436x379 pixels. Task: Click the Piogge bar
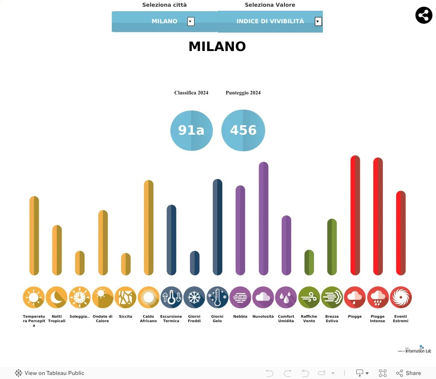pyautogui.click(x=355, y=215)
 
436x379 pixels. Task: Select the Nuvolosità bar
pyautogui.click(x=263, y=218)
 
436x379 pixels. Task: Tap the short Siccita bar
pyautogui.click(x=126, y=264)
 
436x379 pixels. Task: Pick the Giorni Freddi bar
pyautogui.click(x=195, y=263)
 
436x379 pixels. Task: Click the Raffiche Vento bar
pyautogui.click(x=309, y=262)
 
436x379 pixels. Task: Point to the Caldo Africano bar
pyautogui.click(x=148, y=227)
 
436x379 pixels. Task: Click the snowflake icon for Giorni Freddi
pyautogui.click(x=195, y=298)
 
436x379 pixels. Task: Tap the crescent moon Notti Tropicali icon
pyautogui.click(x=57, y=298)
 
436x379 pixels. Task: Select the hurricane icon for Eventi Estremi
pyautogui.click(x=401, y=298)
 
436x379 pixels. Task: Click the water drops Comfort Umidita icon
pyautogui.click(x=286, y=298)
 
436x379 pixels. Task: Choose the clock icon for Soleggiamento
pyautogui.click(x=80, y=298)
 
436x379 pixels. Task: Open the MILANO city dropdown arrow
pyautogui.click(x=191, y=21)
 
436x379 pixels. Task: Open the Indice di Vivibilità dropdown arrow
pyautogui.click(x=318, y=21)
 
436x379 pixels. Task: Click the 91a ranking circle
pyautogui.click(x=191, y=130)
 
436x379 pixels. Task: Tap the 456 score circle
pyautogui.click(x=243, y=130)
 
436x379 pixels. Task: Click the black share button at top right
pyautogui.click(x=423, y=16)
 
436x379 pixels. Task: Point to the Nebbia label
pyautogui.click(x=240, y=316)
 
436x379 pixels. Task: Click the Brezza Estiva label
pyautogui.click(x=332, y=319)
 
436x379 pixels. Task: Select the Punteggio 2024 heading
pyautogui.click(x=243, y=93)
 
